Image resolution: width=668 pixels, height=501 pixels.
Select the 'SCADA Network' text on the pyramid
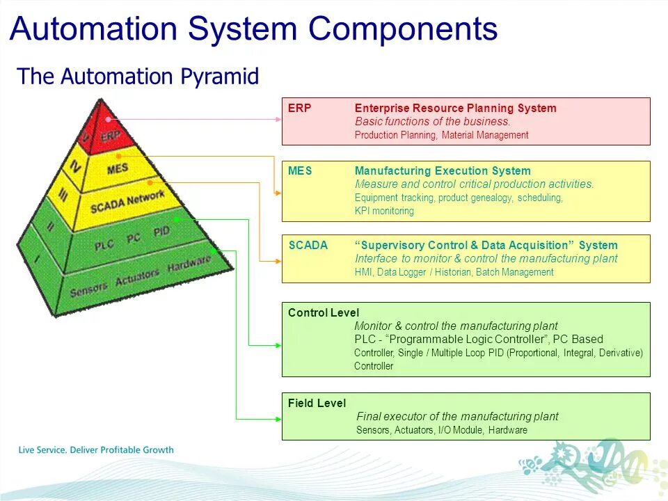[x=127, y=201]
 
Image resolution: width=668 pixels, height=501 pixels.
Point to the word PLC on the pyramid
[x=104, y=243]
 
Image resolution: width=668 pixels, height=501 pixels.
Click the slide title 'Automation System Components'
[x=253, y=29]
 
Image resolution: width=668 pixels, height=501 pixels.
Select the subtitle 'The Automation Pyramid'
[x=138, y=76]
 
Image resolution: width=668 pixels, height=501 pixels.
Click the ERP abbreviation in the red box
[x=300, y=109]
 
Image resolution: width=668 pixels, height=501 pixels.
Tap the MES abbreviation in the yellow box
[x=301, y=171]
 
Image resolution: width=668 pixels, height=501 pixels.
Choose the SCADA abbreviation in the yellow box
[x=308, y=245]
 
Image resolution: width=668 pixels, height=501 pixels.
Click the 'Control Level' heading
[x=324, y=313]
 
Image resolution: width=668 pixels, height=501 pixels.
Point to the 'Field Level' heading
[x=317, y=404]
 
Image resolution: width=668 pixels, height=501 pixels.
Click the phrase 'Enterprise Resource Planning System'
[x=455, y=109]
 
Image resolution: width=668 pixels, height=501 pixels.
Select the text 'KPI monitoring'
[x=384, y=211]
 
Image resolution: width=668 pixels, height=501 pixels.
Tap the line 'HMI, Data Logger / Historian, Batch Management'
[x=454, y=272]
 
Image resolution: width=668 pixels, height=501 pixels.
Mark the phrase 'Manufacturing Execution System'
[x=443, y=171]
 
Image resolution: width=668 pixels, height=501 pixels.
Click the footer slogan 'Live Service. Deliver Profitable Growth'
[x=96, y=450]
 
